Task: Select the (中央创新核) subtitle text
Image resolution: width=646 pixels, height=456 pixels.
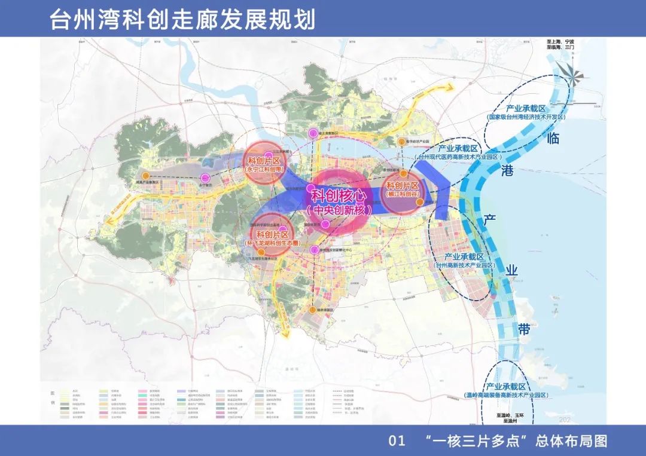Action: [x=338, y=210]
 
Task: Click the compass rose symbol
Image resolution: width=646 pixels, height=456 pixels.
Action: [x=576, y=74]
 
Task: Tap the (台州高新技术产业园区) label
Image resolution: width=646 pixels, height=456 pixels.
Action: [x=465, y=265]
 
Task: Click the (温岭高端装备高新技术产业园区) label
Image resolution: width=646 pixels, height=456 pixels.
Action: [x=505, y=395]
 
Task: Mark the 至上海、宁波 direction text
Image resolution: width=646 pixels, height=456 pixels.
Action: [x=560, y=42]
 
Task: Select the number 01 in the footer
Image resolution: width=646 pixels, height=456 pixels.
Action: [x=398, y=441]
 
